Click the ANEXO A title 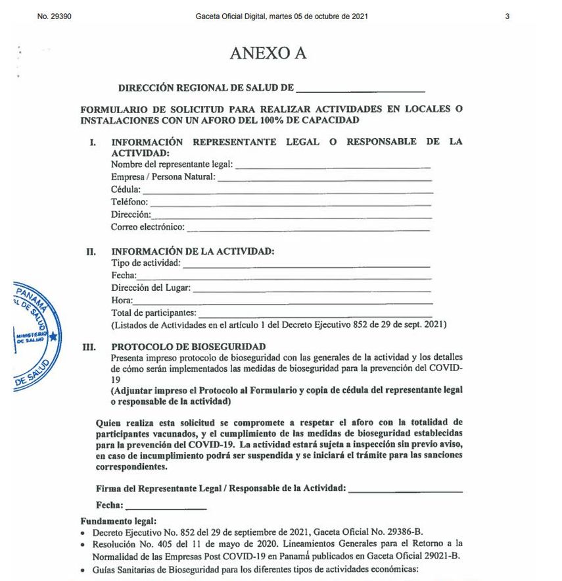tap(268, 54)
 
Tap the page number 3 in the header tap(507, 16)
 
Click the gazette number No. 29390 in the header tap(55, 16)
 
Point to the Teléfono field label tap(129, 202)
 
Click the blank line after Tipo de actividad tap(306, 266)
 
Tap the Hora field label tap(122, 300)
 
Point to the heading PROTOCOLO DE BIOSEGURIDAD tap(189, 347)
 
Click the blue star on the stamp tap(53, 338)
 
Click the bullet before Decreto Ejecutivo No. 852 tap(83, 532)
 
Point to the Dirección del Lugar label tap(151, 288)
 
